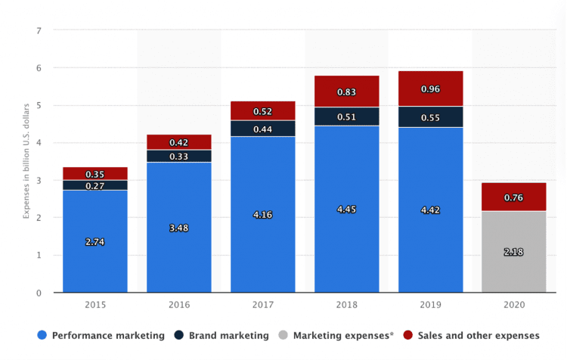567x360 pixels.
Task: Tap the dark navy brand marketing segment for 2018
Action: pos(347,116)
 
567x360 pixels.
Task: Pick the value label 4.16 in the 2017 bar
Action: pos(263,215)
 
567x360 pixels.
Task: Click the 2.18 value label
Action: pos(514,251)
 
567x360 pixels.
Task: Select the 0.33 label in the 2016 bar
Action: pos(179,157)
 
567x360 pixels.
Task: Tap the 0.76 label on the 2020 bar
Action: pos(514,199)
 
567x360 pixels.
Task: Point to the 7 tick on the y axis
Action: pos(39,30)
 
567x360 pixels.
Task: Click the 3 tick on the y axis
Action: pos(39,180)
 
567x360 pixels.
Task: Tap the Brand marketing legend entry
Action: pos(222,335)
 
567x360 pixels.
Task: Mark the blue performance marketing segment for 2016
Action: pos(179,250)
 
